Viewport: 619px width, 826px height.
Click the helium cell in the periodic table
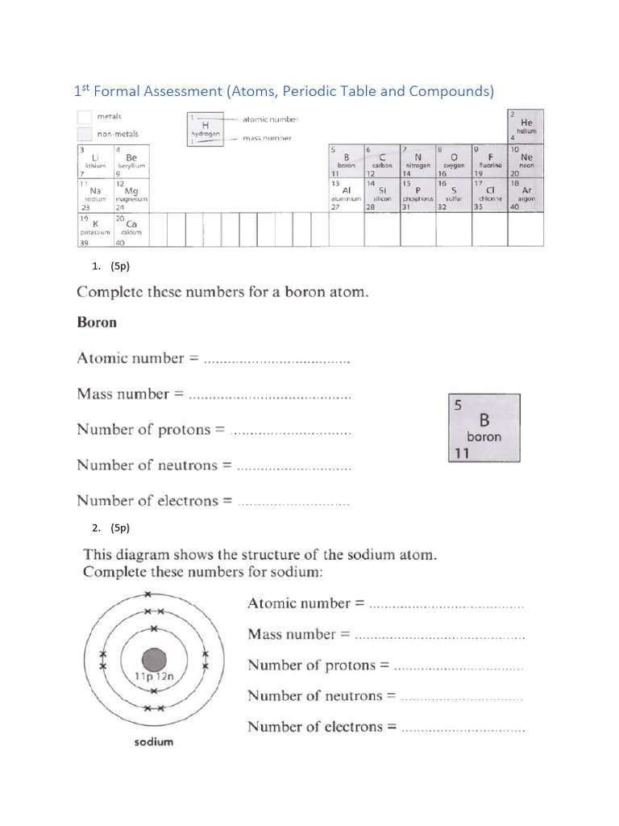tap(526, 126)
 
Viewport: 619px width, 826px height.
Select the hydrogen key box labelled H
tap(205, 128)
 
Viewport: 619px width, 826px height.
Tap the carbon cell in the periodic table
tap(381, 161)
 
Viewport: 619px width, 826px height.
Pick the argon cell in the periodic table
tap(526, 195)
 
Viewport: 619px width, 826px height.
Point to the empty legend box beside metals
tap(85, 116)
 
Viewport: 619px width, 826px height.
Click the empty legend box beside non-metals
tap(85, 134)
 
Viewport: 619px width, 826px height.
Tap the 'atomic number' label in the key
tap(270, 119)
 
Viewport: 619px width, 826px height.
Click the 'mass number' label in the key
tap(267, 138)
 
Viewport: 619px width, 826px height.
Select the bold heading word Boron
tap(97, 323)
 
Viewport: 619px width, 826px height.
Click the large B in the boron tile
tap(484, 420)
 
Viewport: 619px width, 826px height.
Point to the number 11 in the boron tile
tap(461, 454)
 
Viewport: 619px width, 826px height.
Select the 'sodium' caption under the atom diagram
tap(153, 742)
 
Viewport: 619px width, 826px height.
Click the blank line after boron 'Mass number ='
tap(269, 397)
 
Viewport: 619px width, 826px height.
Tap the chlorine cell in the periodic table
tap(489, 195)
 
